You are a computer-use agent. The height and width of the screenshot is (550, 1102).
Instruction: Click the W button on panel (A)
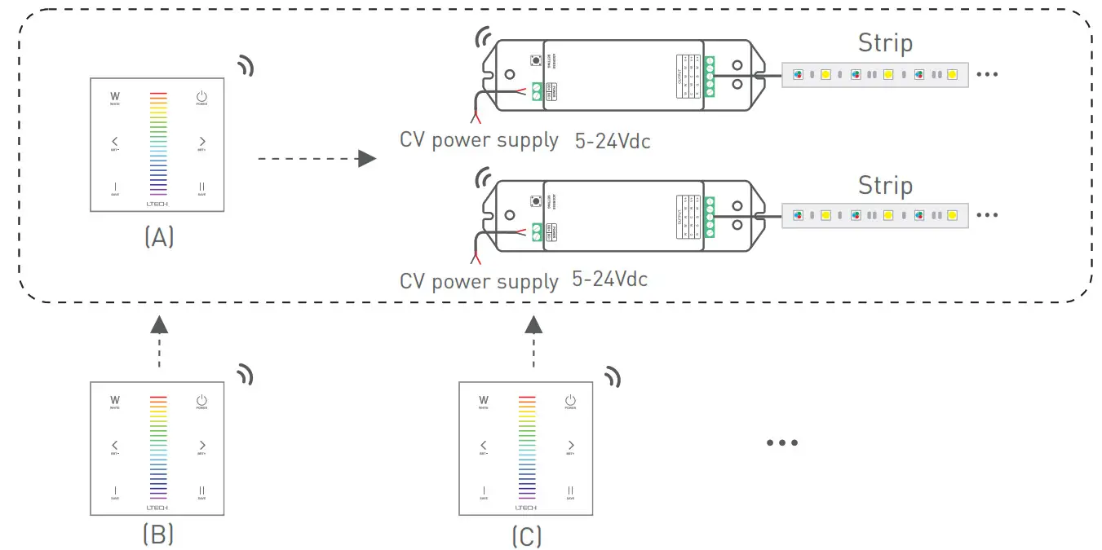114,97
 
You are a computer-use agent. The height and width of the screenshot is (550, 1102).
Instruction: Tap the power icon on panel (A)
201,98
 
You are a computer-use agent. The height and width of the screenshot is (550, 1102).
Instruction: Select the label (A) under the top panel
158,237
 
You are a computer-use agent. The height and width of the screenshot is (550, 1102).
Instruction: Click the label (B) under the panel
158,534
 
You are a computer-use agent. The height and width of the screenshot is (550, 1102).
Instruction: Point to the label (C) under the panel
527,536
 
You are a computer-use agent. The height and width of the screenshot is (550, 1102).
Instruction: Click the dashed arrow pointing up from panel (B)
159,343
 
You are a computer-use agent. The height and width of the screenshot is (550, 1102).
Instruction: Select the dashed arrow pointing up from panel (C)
533,343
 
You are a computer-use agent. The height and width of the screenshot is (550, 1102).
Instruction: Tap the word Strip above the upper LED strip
885,43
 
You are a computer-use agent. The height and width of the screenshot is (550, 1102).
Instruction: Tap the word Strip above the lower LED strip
885,185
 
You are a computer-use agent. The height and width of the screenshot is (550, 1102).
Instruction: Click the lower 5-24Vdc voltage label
610,279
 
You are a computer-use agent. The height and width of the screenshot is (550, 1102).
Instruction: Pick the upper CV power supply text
479,140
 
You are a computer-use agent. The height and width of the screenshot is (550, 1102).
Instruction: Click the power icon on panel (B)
201,400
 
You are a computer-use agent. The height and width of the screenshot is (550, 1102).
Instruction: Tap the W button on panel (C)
484,400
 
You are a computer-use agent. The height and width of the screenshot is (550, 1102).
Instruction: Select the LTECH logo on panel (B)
158,506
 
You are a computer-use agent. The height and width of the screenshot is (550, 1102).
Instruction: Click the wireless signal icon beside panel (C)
612,376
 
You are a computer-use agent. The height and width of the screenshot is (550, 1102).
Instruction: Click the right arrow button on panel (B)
201,446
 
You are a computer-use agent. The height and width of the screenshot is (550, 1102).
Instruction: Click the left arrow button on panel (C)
484,446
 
